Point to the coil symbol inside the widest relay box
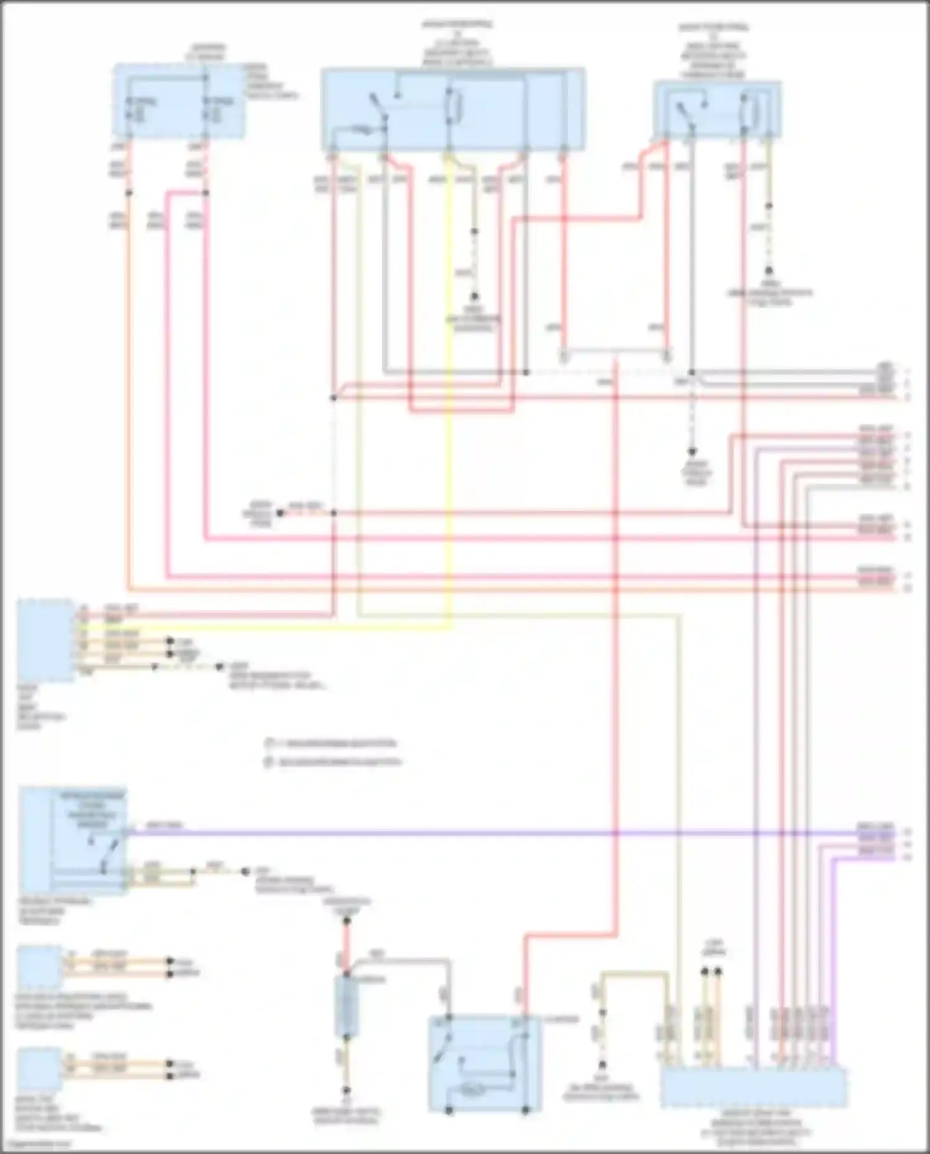pyautogui.click(x=453, y=105)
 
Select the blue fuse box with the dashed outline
pyautogui.click(x=178, y=100)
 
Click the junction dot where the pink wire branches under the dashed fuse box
pyautogui.click(x=205, y=193)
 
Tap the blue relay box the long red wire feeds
pyautogui.click(x=484, y=1063)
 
